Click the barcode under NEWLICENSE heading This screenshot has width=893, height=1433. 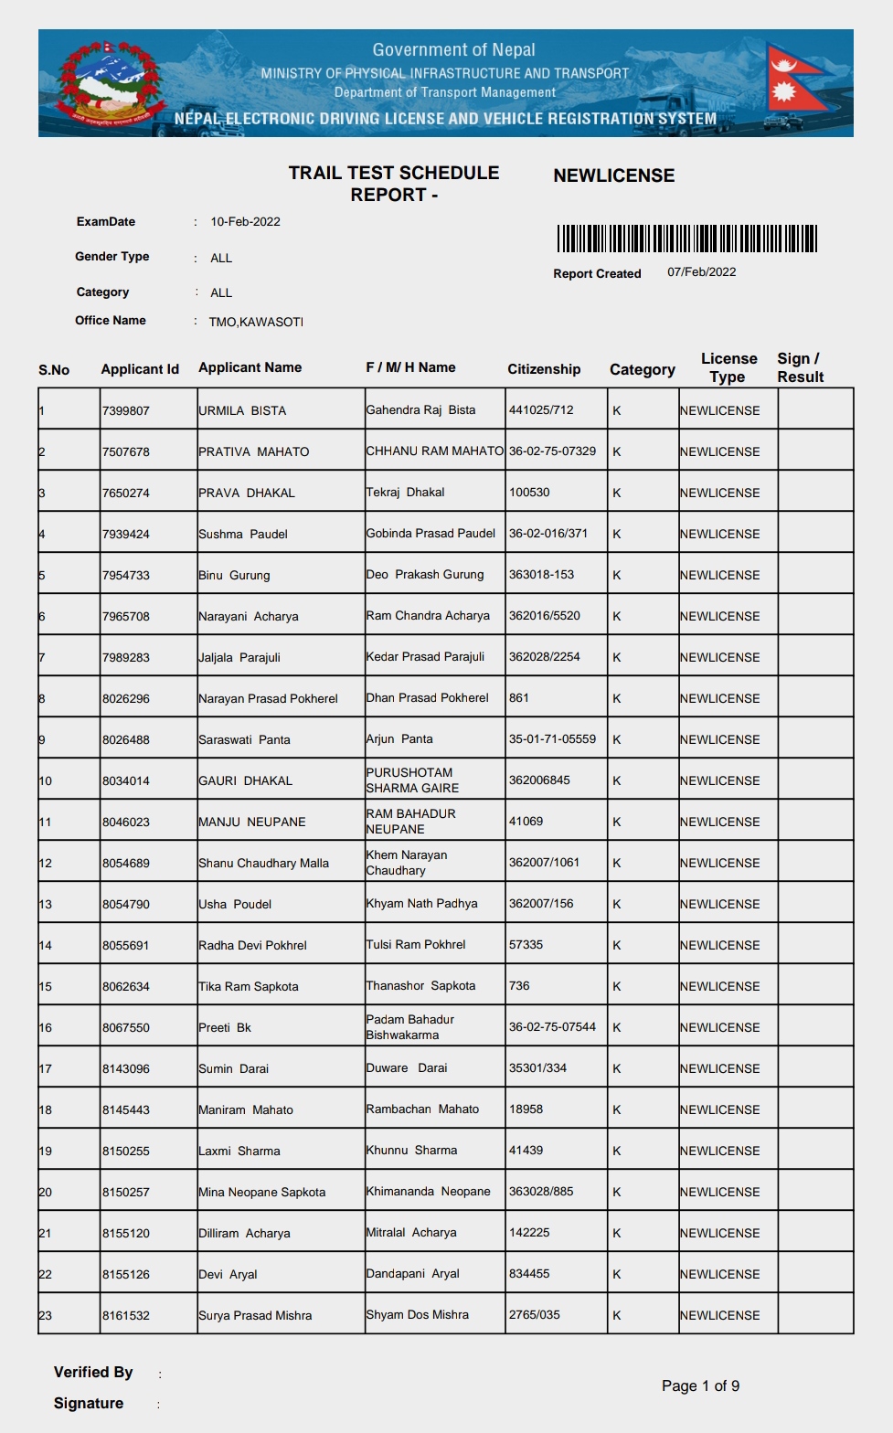click(686, 239)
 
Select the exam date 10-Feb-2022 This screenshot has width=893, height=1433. click(245, 222)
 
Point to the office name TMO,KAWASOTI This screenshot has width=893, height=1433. click(256, 322)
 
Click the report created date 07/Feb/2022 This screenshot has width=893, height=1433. click(701, 272)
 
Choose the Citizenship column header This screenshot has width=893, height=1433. click(544, 369)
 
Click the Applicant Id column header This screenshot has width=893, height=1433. click(140, 369)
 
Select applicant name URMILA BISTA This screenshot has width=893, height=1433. click(242, 411)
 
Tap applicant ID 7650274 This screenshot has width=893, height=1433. click(126, 494)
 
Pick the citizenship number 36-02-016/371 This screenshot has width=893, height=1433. click(548, 534)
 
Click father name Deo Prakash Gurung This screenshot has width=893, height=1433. click(425, 575)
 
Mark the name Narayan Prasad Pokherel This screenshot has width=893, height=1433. click(268, 699)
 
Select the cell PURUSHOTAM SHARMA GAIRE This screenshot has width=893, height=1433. click(412, 780)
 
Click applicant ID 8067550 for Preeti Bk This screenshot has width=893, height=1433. click(126, 1028)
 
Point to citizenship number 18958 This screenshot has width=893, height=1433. click(526, 1109)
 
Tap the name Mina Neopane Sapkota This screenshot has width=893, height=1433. click(261, 1193)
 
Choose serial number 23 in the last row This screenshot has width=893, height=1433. click(45, 1316)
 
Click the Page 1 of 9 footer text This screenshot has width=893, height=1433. click(700, 1386)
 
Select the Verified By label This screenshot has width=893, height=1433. click(93, 1373)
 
